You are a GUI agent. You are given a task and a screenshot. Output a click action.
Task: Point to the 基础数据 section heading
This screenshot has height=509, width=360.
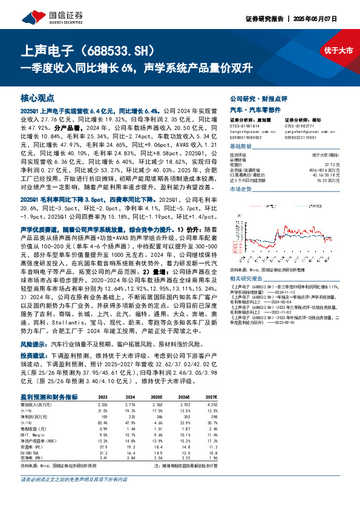coord(241,147)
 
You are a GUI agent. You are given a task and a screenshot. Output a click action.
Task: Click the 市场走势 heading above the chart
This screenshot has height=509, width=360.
coord(241,189)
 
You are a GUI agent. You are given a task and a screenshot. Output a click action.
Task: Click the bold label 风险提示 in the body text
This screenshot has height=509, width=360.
coord(33,342)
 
